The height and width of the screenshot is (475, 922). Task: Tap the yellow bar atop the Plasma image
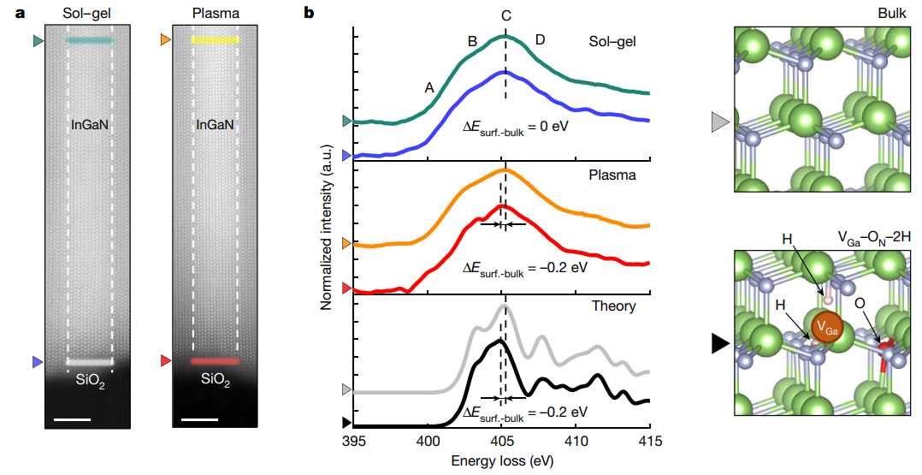click(215, 40)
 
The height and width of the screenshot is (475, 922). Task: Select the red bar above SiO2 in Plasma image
click(215, 362)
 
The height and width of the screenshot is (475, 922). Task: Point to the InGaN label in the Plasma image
click(216, 125)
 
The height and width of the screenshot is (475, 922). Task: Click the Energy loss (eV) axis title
click(501, 460)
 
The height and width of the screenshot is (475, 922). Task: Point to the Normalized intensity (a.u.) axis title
click(327, 226)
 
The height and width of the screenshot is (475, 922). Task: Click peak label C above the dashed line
click(506, 15)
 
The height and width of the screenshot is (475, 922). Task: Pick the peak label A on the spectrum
click(429, 86)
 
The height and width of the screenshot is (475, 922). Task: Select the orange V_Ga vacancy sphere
click(826, 327)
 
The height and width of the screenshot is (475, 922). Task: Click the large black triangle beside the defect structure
click(720, 344)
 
